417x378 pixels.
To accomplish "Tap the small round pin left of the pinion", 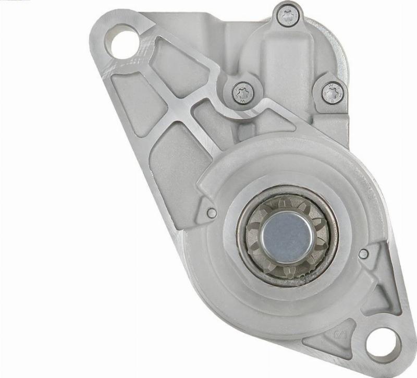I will coord(212,213).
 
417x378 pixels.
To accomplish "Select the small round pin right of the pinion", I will coord(364,253).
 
